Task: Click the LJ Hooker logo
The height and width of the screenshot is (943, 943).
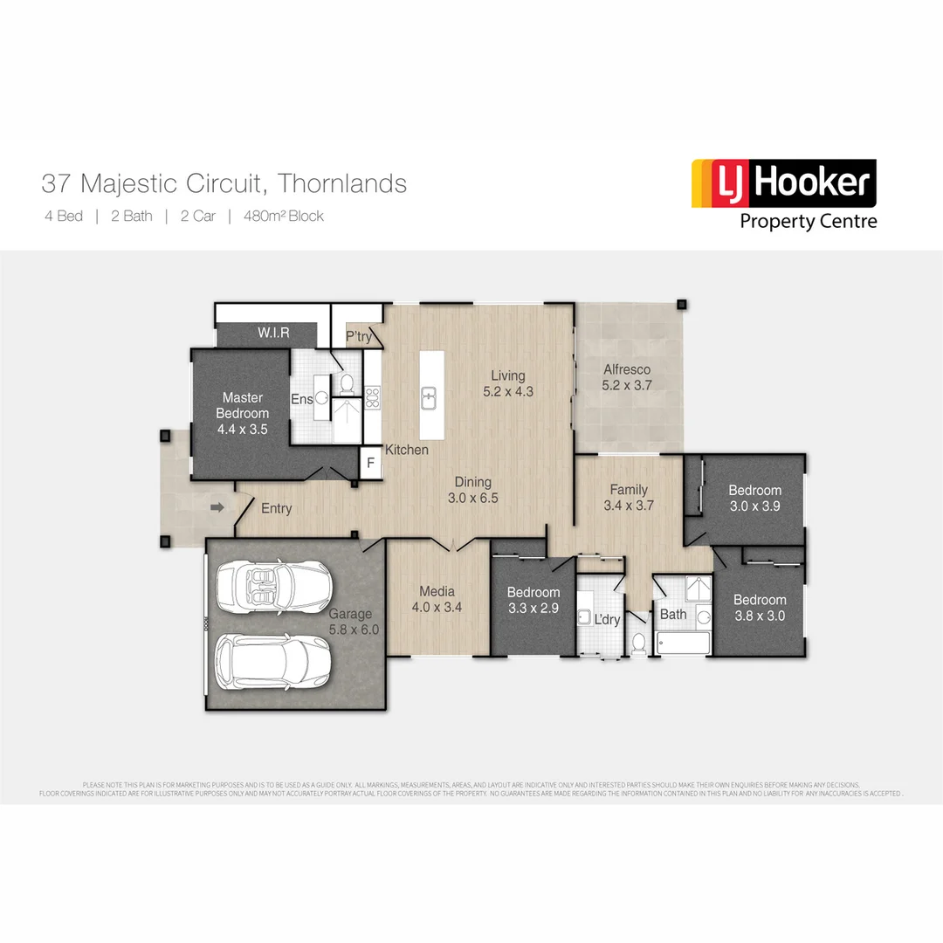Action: (x=783, y=194)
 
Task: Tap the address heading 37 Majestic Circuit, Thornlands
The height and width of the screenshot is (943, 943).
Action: (x=224, y=183)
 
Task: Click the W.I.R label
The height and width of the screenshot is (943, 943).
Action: (x=273, y=334)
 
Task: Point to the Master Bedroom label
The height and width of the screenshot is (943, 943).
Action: (x=242, y=413)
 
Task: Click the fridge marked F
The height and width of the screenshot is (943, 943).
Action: (x=370, y=463)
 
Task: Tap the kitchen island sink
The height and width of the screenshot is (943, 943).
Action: (x=429, y=398)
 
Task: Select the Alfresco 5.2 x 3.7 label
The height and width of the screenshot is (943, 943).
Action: (x=627, y=376)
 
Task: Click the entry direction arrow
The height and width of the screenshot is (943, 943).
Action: (x=217, y=506)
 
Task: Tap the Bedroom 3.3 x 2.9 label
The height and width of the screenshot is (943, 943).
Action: (x=533, y=600)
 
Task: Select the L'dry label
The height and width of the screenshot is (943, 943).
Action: (x=607, y=619)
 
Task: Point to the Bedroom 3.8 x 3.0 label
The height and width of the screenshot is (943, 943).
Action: (x=759, y=607)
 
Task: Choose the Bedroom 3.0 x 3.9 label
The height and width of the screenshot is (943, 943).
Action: (x=754, y=498)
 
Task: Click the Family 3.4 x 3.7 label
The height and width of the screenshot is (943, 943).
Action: (x=629, y=497)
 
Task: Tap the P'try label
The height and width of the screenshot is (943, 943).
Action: (x=357, y=336)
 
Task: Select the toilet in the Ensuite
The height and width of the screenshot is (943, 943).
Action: (x=345, y=383)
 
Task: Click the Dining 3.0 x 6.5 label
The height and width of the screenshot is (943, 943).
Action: (x=472, y=490)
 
